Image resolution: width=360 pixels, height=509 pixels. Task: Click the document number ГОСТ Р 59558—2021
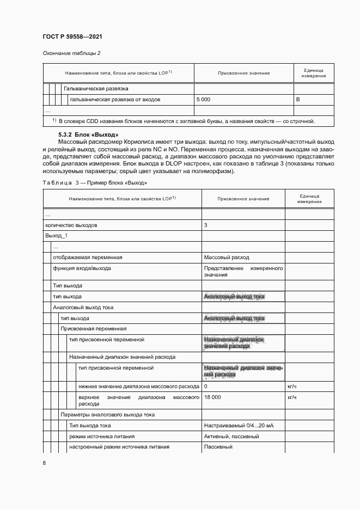(x=72, y=36)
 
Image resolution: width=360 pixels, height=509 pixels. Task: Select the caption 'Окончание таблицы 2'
(x=71, y=53)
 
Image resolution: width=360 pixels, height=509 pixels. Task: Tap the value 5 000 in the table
(x=203, y=100)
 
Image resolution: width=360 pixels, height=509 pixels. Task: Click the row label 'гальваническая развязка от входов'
(x=114, y=100)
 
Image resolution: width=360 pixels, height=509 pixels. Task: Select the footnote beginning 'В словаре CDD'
(x=186, y=121)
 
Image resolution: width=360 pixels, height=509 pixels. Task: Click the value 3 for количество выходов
(x=205, y=225)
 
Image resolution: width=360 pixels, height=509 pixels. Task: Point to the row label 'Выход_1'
(x=56, y=236)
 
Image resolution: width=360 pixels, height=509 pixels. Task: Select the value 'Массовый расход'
(x=226, y=257)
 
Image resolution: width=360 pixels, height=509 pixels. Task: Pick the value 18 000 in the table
(x=212, y=397)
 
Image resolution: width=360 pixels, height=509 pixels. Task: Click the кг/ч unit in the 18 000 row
(x=291, y=397)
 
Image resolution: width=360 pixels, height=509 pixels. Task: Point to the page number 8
(x=44, y=463)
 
